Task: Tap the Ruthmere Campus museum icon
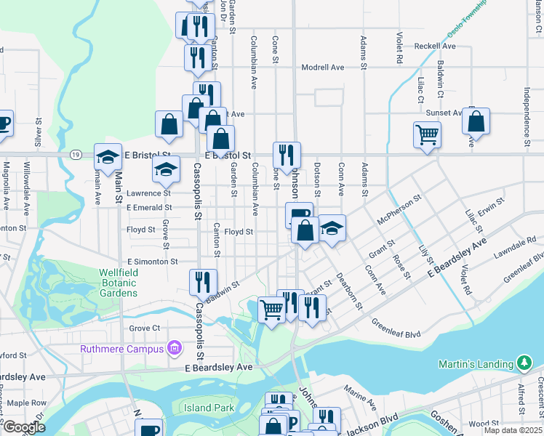tap(174, 349)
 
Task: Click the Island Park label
tap(209, 408)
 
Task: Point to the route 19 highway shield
tap(76, 155)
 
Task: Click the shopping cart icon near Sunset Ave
tap(426, 134)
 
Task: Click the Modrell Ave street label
tap(322, 67)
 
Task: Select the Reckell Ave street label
tap(435, 46)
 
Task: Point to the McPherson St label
tap(399, 209)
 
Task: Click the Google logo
tap(24, 427)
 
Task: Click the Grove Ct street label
tap(144, 328)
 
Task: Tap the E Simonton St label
tap(153, 261)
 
